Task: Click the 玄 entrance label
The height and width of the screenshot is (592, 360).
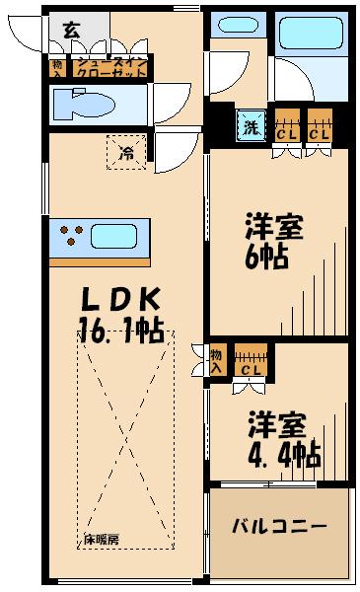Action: point(72,30)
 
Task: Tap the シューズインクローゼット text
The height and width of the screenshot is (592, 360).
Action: point(108,68)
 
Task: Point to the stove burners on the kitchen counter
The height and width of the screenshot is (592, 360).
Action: point(70,236)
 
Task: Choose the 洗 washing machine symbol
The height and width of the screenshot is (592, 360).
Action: point(249,127)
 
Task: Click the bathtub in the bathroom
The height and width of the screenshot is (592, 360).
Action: point(311,37)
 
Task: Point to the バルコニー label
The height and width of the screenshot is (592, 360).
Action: point(279,526)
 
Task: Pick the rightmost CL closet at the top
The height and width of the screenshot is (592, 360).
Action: point(319,128)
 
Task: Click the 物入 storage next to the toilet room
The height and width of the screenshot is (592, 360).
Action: point(56,68)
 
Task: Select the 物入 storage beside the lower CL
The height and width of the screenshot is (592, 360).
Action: point(216,360)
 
